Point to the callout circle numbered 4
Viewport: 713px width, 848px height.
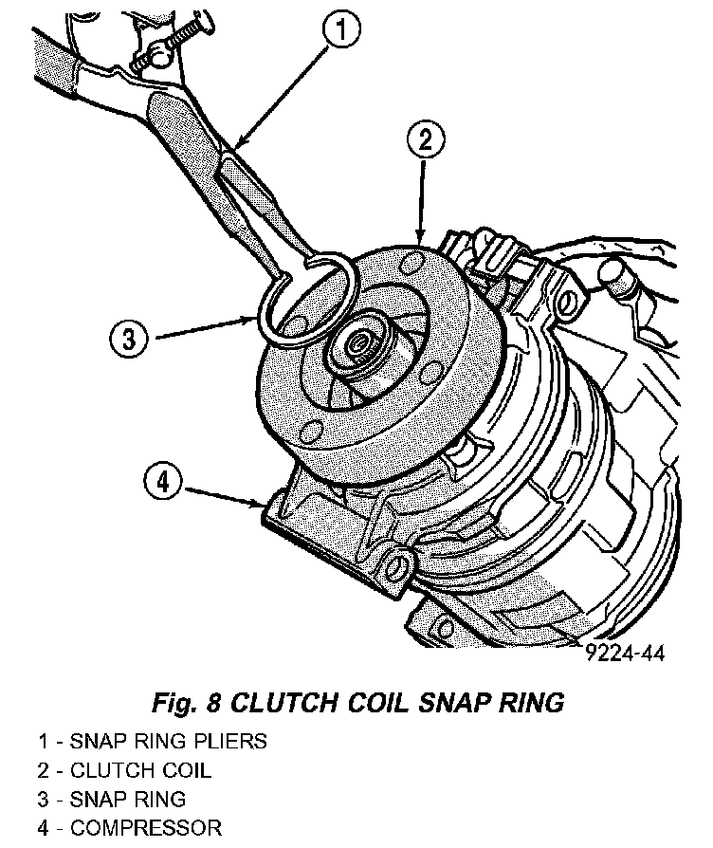click(163, 482)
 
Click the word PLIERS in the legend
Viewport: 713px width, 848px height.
click(229, 741)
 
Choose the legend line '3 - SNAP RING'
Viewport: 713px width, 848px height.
click(111, 799)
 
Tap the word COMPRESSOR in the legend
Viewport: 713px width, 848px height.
click(146, 827)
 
